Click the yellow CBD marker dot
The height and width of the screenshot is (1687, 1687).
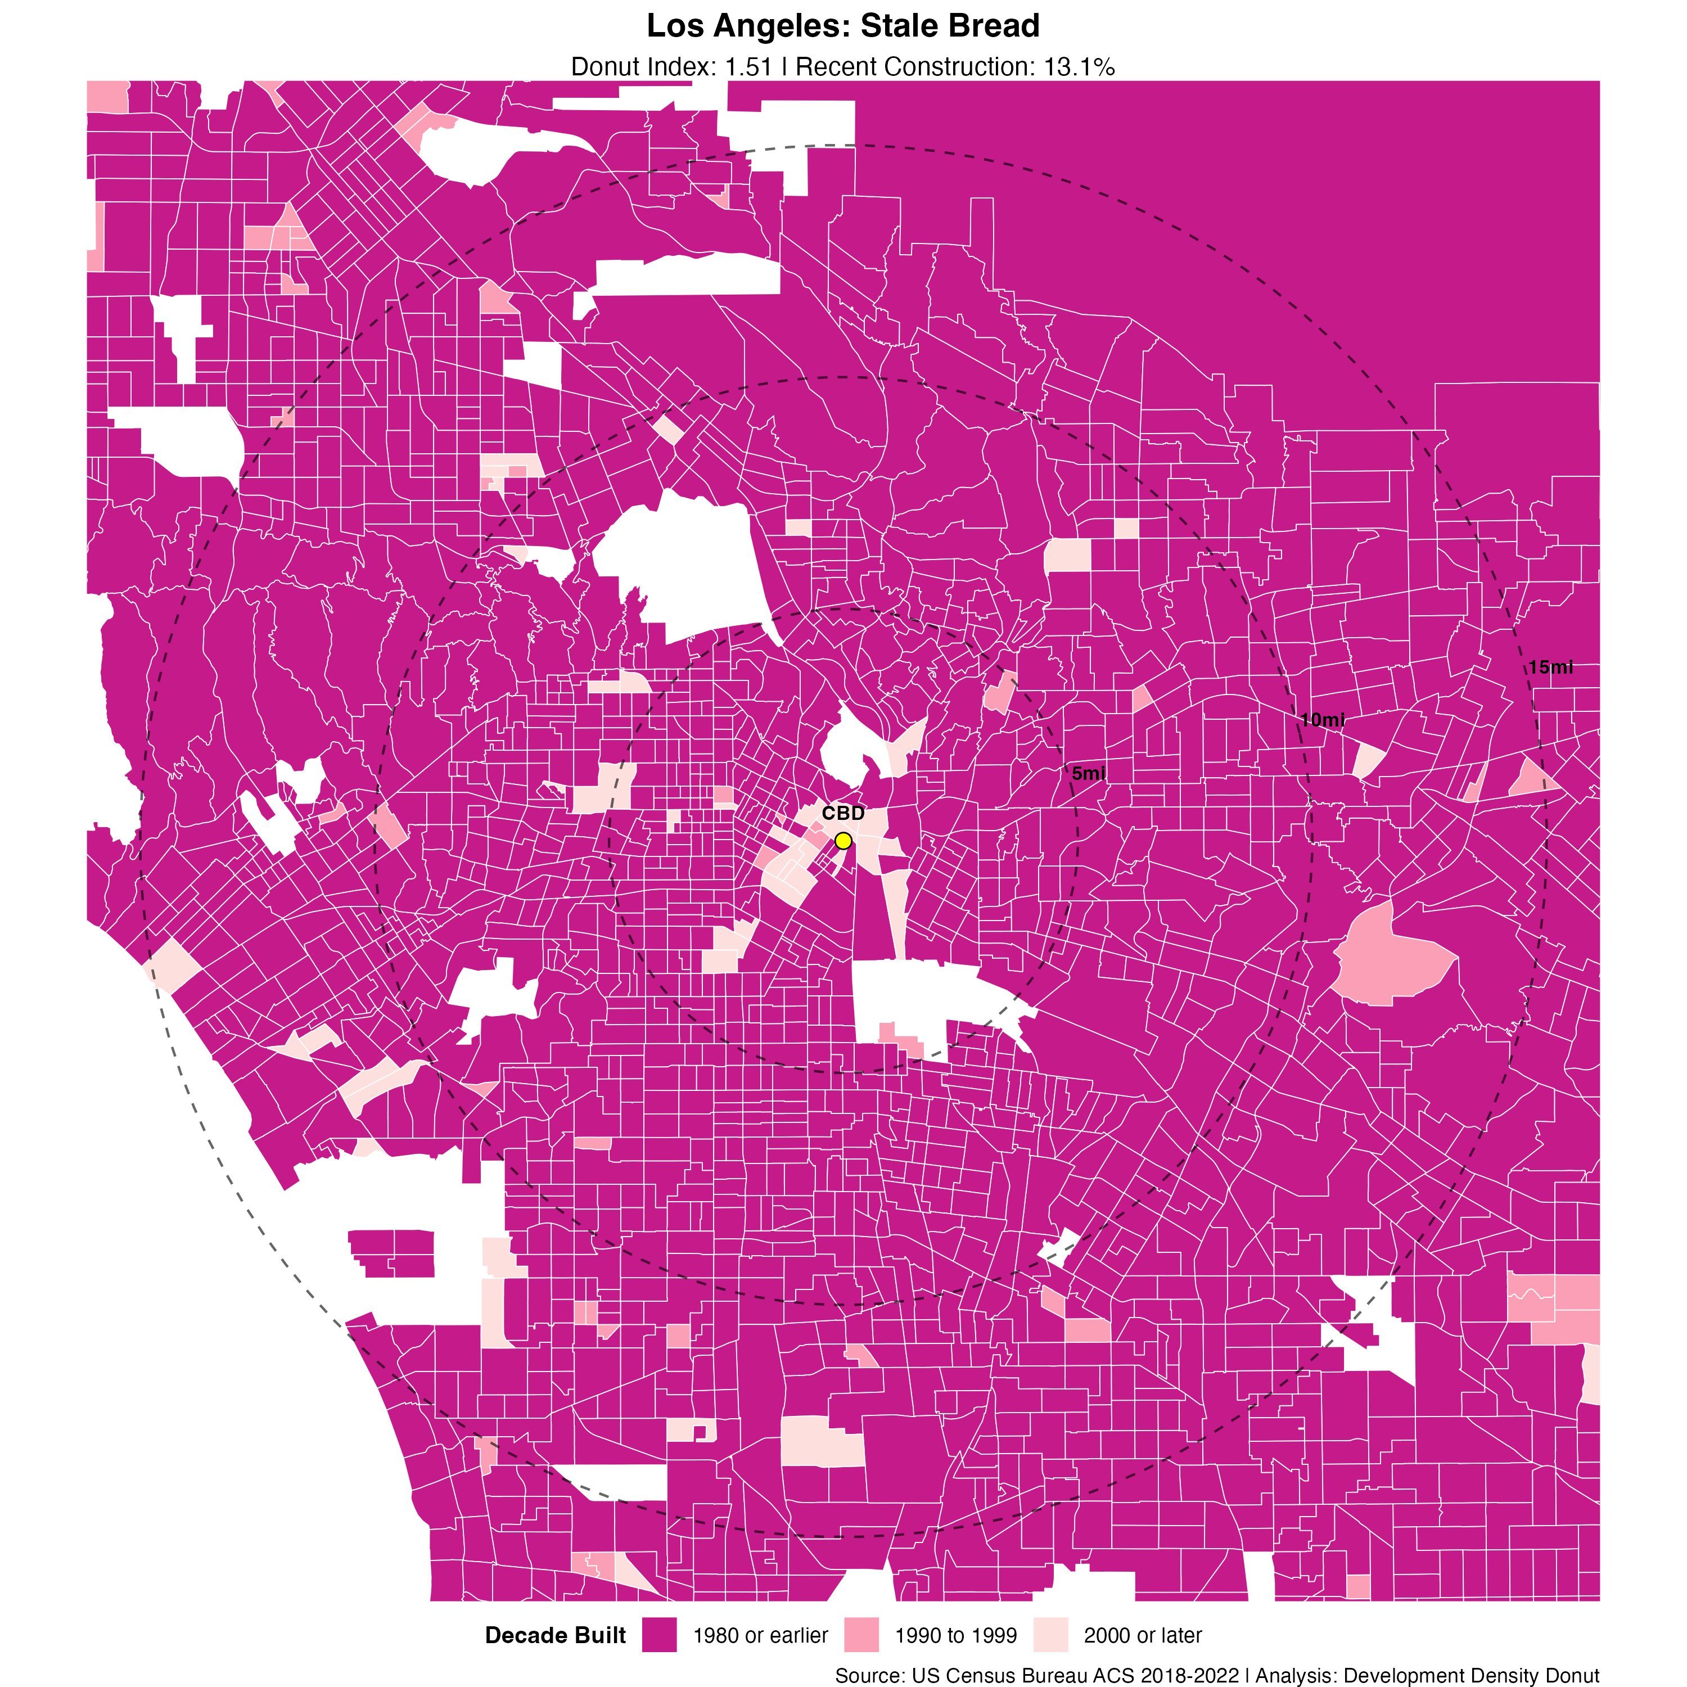point(842,841)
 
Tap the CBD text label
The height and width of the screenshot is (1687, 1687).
point(842,813)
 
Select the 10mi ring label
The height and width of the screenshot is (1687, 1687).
point(1322,720)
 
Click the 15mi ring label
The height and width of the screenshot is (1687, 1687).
point(1551,667)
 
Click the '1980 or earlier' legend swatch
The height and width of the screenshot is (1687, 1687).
point(659,1635)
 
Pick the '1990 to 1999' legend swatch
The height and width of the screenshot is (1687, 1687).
point(861,1635)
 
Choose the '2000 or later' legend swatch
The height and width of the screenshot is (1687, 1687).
point(1050,1635)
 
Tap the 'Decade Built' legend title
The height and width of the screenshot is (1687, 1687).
point(556,1635)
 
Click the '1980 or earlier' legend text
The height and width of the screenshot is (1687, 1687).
point(760,1635)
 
